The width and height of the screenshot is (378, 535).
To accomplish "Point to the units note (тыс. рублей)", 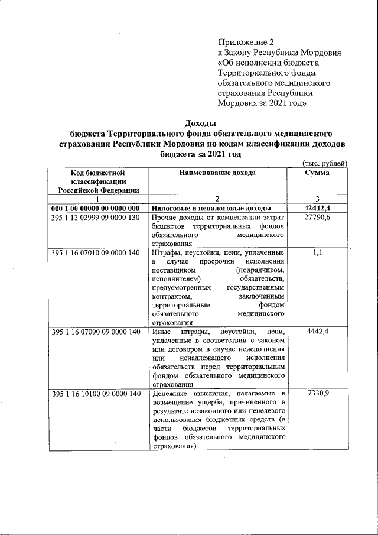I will click(x=324, y=163).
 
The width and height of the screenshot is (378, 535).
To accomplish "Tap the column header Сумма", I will click(x=317, y=173).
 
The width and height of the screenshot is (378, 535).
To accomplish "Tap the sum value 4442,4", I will click(x=317, y=332).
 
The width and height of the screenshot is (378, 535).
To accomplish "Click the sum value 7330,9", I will click(x=317, y=393).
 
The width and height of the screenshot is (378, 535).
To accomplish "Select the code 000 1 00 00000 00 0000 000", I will click(x=95, y=209).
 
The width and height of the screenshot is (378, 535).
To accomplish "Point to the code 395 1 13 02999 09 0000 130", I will click(x=95, y=218).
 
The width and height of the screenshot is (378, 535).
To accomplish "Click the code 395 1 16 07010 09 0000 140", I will click(x=95, y=252).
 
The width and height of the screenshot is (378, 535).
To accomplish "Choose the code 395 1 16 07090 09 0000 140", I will click(x=95, y=332).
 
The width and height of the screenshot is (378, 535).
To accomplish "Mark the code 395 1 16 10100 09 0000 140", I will click(x=95, y=393).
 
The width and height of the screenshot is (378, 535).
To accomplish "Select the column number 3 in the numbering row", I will click(x=317, y=199).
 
